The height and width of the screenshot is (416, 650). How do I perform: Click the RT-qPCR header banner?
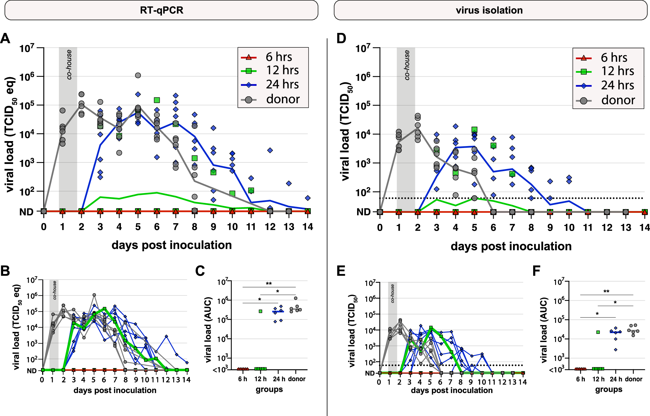[161, 10]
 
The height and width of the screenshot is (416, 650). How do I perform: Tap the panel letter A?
[5, 39]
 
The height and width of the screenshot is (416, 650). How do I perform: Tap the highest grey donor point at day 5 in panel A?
[138, 75]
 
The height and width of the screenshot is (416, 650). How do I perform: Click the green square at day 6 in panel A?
[157, 100]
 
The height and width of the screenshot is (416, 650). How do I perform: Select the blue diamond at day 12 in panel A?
[270, 150]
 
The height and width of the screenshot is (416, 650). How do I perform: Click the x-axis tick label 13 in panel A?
[289, 227]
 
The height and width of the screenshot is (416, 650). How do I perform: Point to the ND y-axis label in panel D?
[363, 212]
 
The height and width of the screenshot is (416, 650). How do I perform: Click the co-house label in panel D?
[407, 65]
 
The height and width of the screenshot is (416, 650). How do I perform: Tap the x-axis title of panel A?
[171, 245]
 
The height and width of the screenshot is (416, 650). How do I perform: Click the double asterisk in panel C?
[269, 284]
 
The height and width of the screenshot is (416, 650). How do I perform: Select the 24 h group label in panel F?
[616, 379]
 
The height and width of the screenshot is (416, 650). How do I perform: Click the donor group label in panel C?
[296, 379]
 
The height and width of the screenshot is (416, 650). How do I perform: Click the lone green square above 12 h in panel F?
[598, 332]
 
